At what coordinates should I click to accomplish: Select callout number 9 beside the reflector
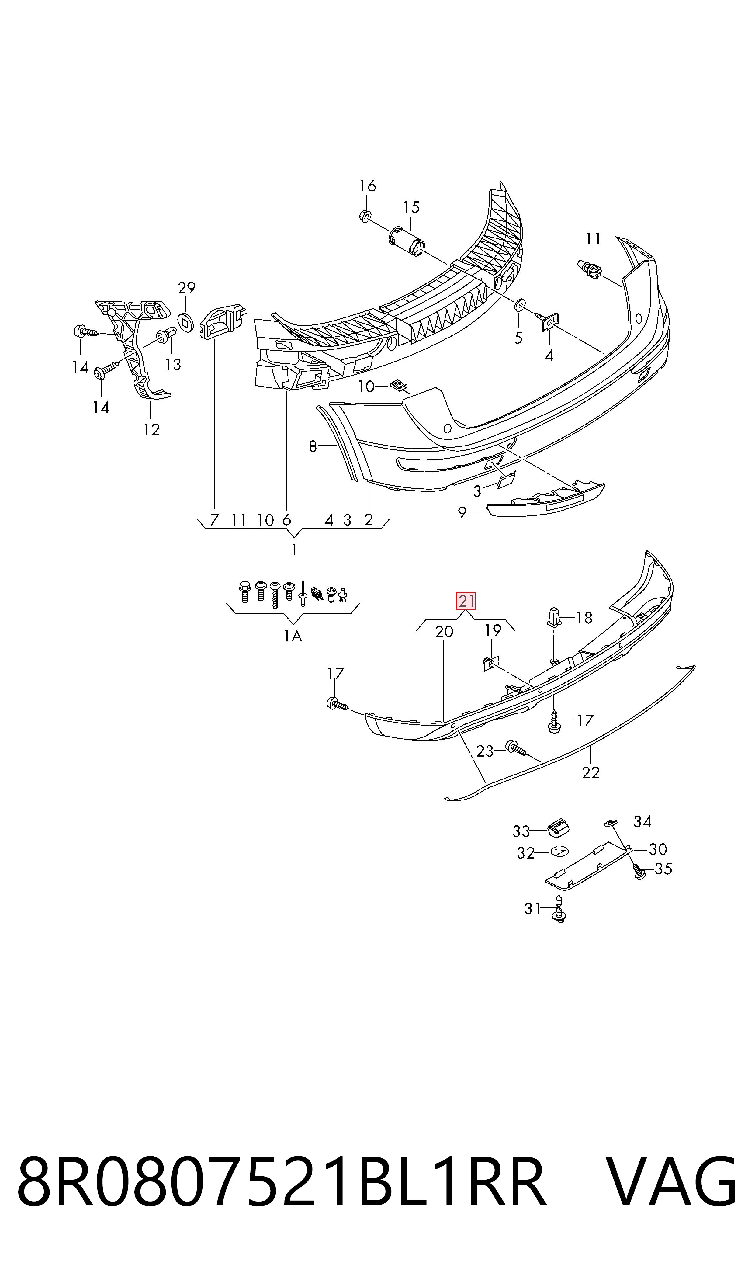(x=462, y=512)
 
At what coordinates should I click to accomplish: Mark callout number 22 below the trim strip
(x=591, y=773)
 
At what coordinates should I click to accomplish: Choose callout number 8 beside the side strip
(x=313, y=446)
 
